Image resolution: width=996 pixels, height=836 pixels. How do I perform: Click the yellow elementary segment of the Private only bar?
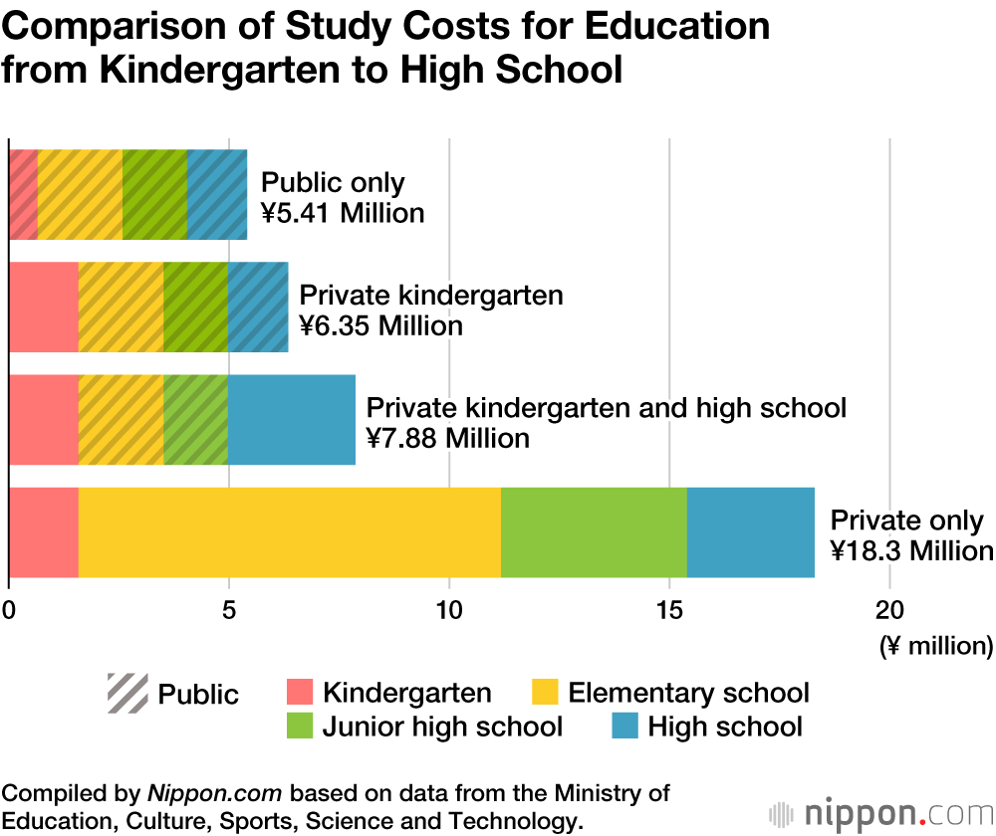[x=289, y=532]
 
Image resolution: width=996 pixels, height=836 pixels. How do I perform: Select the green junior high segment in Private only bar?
[x=594, y=532]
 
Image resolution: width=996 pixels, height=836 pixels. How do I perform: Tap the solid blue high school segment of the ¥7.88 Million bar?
[x=292, y=420]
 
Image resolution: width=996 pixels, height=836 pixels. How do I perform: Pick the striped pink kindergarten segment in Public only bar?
[x=23, y=194]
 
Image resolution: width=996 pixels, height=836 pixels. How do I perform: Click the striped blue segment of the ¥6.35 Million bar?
[x=258, y=307]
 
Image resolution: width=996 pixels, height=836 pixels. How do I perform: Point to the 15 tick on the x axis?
[x=670, y=606]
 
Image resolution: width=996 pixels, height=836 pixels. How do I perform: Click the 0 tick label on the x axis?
[x=10, y=606]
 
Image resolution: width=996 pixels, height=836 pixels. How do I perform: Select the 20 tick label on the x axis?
[x=889, y=606]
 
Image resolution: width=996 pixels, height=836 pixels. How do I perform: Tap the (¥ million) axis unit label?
[x=935, y=646]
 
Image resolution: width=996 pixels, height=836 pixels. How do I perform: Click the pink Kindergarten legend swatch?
[x=299, y=693]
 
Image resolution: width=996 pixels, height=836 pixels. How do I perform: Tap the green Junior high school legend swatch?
[x=299, y=727]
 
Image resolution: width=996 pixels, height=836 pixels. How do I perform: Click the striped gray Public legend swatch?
[x=126, y=694]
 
